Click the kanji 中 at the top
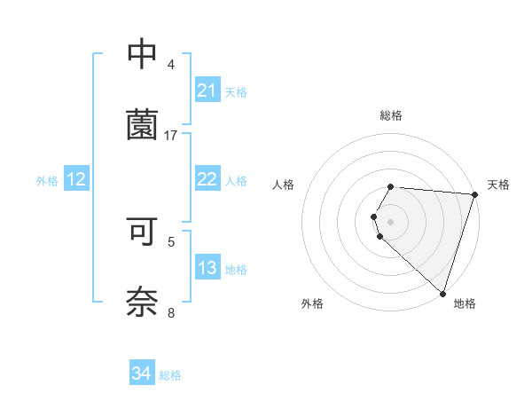[x=142, y=54]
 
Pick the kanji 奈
[x=142, y=301]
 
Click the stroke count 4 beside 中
[x=171, y=65]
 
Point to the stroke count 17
[x=171, y=135]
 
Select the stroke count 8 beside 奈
[x=171, y=311]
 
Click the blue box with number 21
[x=207, y=90]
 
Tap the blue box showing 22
[x=207, y=179]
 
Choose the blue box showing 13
[x=207, y=268]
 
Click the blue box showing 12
[x=76, y=179]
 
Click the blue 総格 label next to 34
[x=170, y=375]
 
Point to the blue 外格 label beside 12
[x=47, y=181]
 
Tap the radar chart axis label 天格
[x=498, y=185]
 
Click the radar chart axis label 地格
[x=465, y=303]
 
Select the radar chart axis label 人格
[x=284, y=185]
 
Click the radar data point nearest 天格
[x=474, y=194]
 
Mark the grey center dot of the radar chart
[x=391, y=221]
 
